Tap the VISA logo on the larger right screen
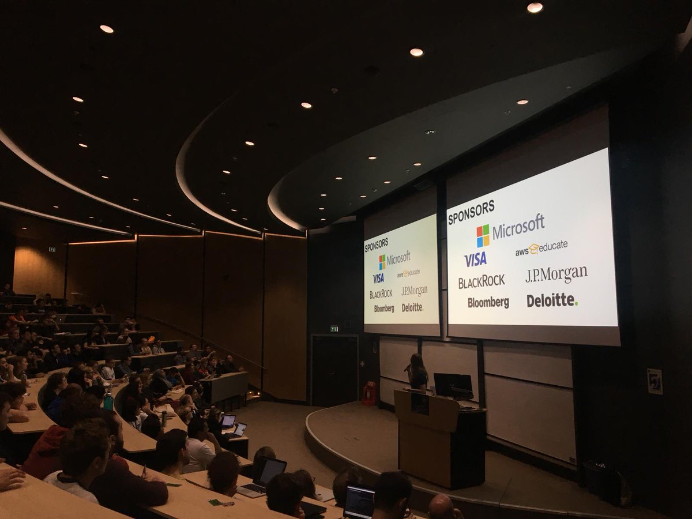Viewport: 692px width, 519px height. pos(475,259)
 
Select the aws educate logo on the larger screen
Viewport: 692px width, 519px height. pos(541,248)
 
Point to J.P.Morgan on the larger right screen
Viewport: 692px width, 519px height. pos(556,274)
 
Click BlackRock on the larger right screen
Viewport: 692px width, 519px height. pos(481,281)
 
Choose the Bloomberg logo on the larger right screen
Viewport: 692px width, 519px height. pos(488,302)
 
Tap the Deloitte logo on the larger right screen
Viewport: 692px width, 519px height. pos(551,300)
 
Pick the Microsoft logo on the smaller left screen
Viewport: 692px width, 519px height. pos(394,259)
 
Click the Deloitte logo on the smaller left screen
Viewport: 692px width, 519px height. pos(412,307)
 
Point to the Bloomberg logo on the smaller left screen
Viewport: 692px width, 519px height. pos(383,309)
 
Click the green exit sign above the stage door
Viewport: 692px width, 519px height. pos(334,329)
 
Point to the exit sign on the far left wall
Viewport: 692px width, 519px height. pos(52,249)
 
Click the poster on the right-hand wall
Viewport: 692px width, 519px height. pos(655,381)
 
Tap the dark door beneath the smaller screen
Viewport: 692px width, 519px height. pos(334,369)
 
